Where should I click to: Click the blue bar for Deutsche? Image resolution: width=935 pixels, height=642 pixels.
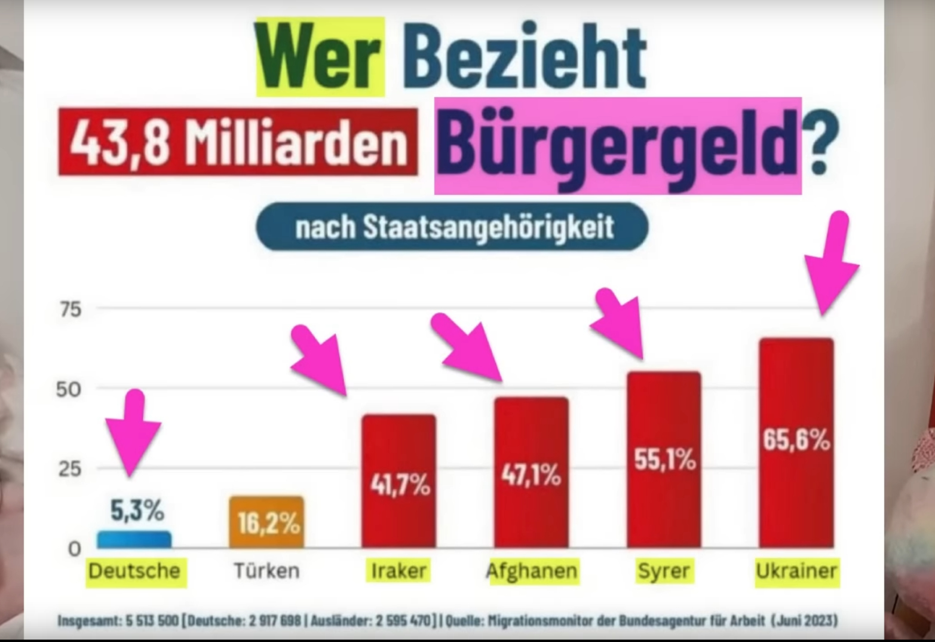pos(134,540)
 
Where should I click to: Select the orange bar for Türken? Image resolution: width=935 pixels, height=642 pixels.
pos(266,522)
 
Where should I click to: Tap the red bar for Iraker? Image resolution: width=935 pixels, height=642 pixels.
pos(399,481)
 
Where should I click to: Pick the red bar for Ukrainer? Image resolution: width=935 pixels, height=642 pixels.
pos(796,442)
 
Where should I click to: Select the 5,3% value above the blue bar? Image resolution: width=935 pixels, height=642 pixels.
pos(137,511)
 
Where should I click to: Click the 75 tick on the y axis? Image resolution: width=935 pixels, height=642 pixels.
pos(70,310)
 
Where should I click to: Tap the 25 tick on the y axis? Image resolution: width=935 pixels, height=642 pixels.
pos(69,469)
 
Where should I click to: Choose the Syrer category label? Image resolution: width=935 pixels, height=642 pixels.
pos(663,571)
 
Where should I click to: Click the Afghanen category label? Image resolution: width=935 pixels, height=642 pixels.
pos(532,571)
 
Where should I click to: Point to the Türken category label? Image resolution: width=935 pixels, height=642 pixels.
pos(266,571)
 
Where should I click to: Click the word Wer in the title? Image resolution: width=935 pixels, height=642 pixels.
pos(320,57)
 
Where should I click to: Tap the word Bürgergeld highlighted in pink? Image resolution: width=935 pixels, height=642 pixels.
pos(618,145)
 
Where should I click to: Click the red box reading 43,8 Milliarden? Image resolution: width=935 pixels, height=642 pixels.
pos(238,143)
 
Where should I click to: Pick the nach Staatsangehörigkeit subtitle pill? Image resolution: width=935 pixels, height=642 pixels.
pos(452,227)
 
